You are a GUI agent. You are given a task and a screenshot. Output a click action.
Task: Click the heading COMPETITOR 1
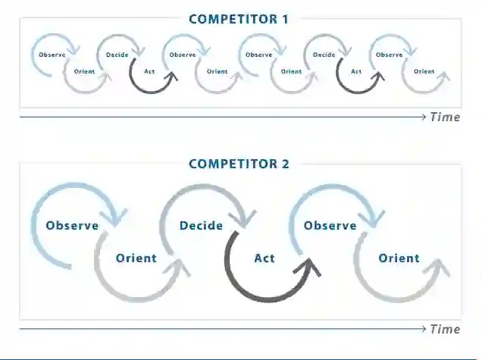coord(239,19)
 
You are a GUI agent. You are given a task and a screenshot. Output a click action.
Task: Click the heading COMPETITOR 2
coord(239,164)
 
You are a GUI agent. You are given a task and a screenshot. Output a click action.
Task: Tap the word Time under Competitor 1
coord(445,117)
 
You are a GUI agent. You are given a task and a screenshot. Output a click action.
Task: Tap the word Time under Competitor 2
coord(445,329)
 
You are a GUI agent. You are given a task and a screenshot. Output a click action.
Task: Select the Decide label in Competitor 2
coord(201,226)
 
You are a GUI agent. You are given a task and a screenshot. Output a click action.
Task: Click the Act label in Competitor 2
coord(264,258)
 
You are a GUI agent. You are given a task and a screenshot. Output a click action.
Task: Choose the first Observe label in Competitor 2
coord(72,226)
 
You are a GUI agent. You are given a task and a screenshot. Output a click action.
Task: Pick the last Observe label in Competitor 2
coord(330,226)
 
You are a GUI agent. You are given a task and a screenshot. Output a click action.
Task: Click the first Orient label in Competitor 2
coord(136,258)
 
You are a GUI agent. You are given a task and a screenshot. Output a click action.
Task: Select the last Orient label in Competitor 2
coord(399,258)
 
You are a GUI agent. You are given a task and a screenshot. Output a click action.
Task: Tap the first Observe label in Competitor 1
coord(52,55)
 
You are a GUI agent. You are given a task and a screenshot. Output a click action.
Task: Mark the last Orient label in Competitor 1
coord(424,72)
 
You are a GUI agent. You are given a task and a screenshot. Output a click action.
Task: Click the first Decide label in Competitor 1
coord(117,55)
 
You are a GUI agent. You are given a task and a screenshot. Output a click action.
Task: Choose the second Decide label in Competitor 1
coord(324,55)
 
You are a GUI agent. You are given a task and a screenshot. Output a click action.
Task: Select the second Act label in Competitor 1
coord(356,72)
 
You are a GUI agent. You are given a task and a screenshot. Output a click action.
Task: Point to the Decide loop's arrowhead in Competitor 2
coord(245,219)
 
